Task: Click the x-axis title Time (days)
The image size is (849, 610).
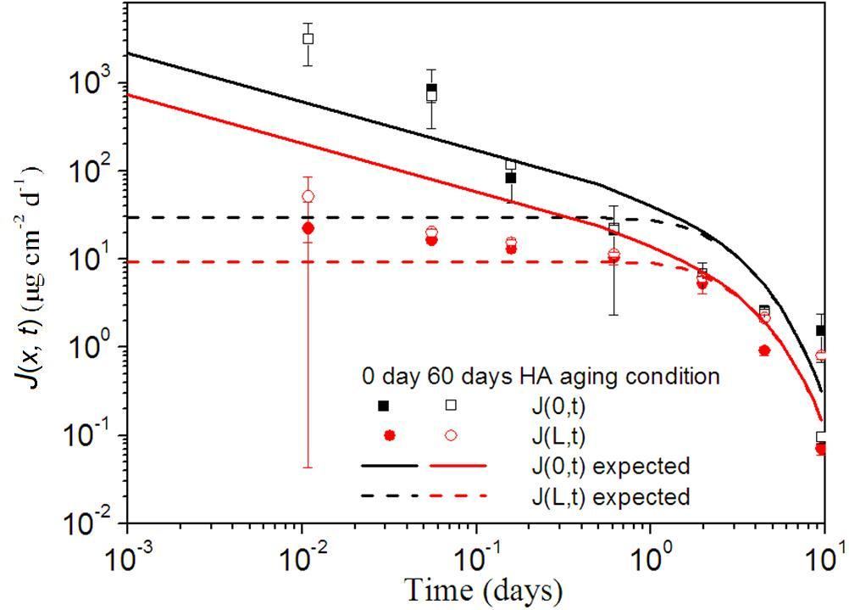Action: [x=482, y=589]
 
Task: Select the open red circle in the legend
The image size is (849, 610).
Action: [x=451, y=435]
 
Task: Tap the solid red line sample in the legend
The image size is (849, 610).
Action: [x=458, y=466]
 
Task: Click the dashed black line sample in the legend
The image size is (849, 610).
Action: [x=390, y=495]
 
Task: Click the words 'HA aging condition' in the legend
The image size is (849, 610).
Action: [x=632, y=375]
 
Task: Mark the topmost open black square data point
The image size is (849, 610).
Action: [x=308, y=38]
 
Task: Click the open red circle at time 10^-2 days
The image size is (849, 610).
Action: [x=308, y=196]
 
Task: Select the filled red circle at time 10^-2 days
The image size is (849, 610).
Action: [x=308, y=228]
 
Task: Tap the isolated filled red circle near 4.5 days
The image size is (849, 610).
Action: [x=764, y=350]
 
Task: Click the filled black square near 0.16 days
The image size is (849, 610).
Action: [x=511, y=178]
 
